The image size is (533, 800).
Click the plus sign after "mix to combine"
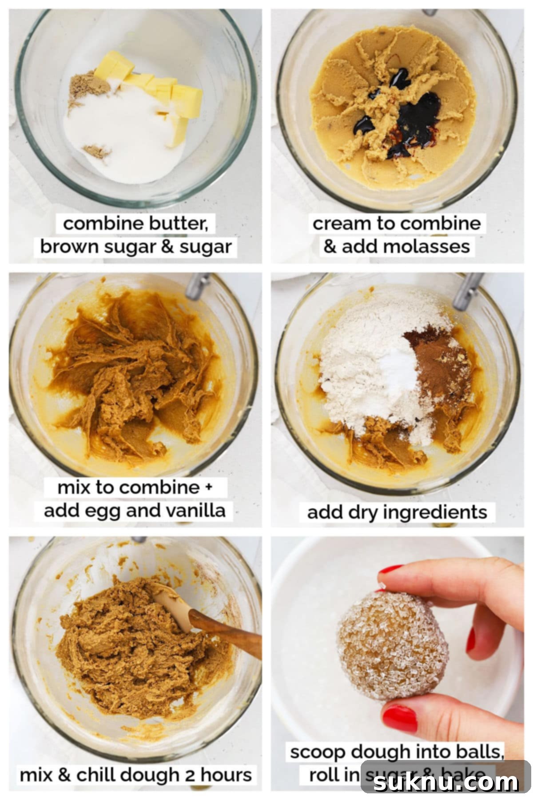coord(208,487)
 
